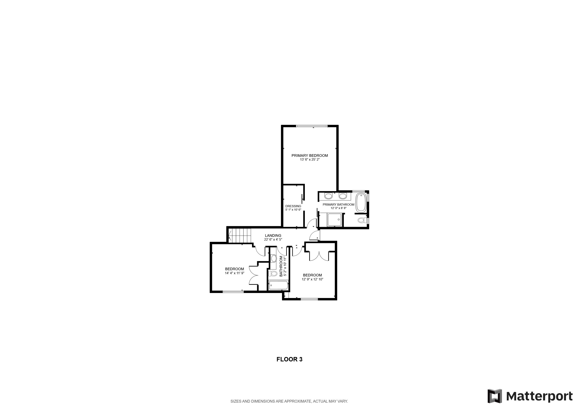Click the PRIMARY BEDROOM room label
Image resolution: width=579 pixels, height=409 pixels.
(x=310, y=156)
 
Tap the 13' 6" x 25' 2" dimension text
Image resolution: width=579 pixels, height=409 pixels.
(x=310, y=160)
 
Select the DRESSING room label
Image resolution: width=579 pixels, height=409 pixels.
(x=293, y=206)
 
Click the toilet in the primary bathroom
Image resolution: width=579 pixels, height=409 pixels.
(x=361, y=220)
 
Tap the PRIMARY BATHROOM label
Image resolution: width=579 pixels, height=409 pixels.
(x=338, y=204)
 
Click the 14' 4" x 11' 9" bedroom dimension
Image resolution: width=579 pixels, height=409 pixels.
(x=235, y=273)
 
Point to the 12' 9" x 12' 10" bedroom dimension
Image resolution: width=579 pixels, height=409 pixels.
(x=312, y=279)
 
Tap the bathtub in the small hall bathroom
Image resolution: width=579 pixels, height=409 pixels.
(x=278, y=285)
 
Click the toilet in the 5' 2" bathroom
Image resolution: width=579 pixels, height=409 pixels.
(x=273, y=274)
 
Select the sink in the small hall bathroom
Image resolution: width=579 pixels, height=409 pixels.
(x=274, y=258)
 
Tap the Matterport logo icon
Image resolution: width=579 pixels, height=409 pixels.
(x=495, y=396)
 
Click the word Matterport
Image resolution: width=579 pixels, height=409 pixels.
(x=539, y=396)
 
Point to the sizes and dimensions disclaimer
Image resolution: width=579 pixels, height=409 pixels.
(x=289, y=401)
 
